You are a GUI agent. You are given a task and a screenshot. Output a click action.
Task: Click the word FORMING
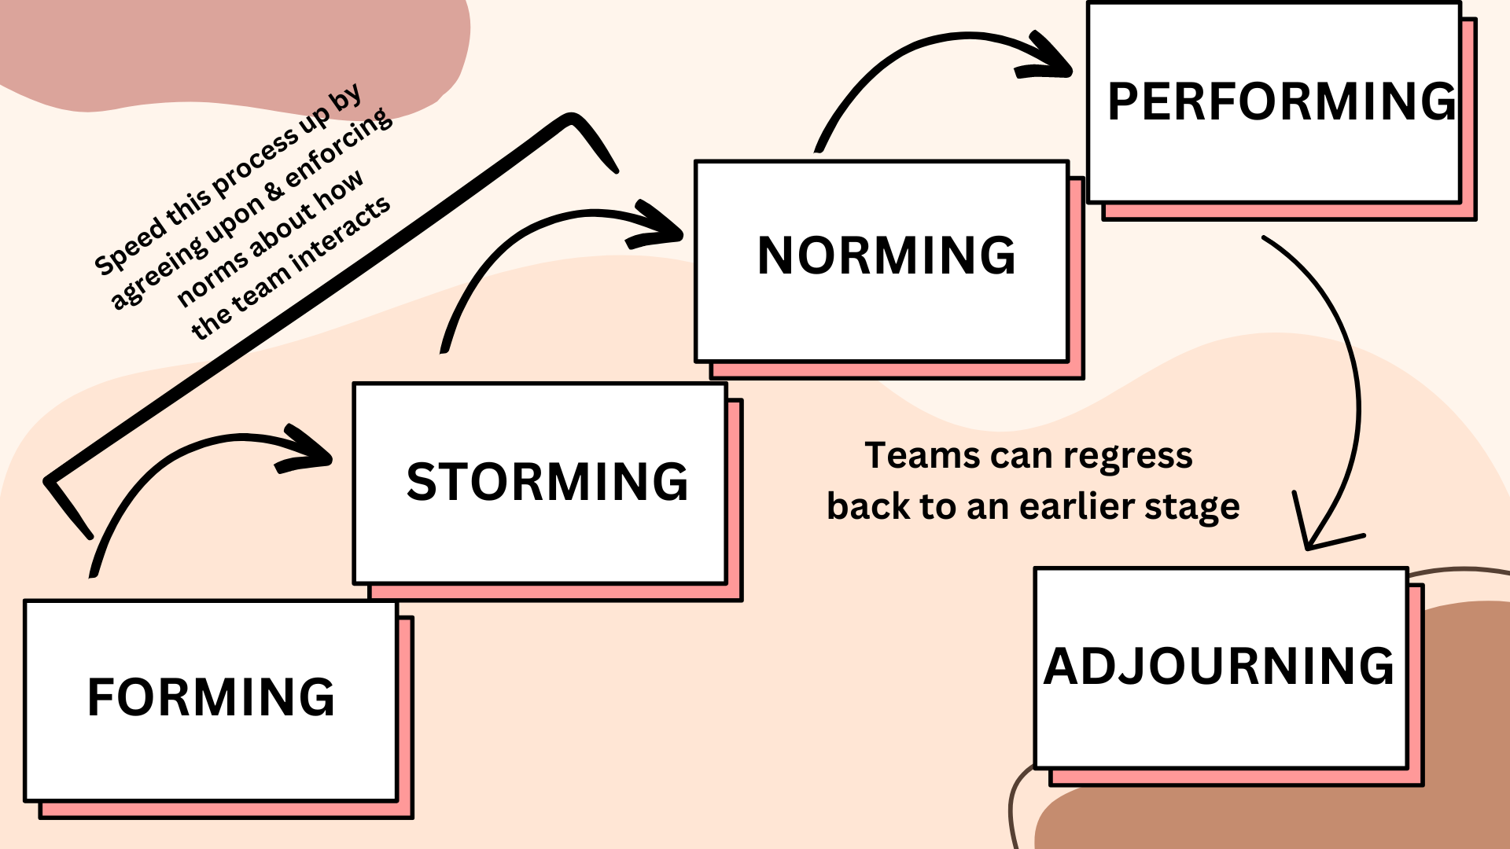click(x=211, y=697)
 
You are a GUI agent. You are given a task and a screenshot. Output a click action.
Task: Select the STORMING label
click(x=547, y=481)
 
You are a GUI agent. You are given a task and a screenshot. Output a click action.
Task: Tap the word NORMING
click(x=886, y=255)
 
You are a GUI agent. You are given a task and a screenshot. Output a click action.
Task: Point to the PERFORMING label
click(x=1282, y=101)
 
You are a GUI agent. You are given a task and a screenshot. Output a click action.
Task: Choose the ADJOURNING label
click(x=1219, y=667)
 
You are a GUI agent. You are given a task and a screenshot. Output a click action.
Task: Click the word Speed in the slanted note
click(x=130, y=249)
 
